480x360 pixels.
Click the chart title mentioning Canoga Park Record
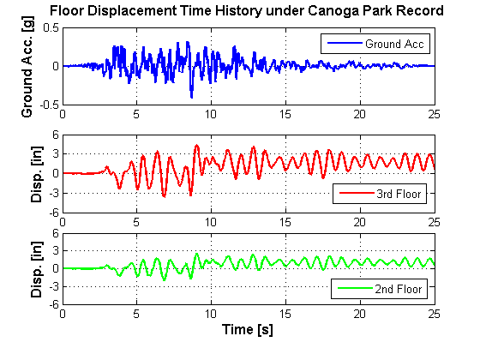(x=247, y=11)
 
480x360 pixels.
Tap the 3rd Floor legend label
(x=399, y=194)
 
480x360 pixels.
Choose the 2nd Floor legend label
(x=399, y=289)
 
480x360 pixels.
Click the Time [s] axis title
(x=248, y=330)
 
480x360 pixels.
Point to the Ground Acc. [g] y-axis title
(x=27, y=67)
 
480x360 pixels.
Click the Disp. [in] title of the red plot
(x=36, y=174)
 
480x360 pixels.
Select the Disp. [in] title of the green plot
(x=36, y=269)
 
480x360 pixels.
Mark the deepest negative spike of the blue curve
(x=192, y=98)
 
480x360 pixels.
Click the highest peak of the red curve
(x=196, y=145)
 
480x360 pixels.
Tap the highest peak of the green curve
(x=196, y=254)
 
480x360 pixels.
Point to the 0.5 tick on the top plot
(x=51, y=27)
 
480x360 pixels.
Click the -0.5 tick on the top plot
(x=49, y=105)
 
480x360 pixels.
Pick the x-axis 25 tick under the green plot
(x=434, y=314)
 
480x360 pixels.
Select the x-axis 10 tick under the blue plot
(x=211, y=114)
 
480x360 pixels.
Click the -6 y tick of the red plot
(x=54, y=213)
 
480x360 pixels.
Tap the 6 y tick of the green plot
(x=56, y=233)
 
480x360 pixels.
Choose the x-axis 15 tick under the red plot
(x=285, y=222)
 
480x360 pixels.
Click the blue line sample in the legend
(x=345, y=43)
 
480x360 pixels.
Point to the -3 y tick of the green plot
(x=54, y=286)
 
